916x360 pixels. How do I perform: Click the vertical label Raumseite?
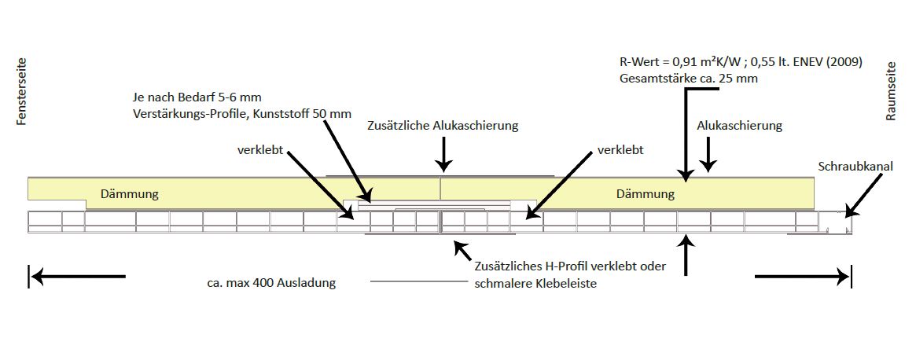click(x=891, y=91)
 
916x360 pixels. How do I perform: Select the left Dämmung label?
click(x=131, y=193)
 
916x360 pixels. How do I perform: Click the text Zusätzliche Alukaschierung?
click(x=443, y=126)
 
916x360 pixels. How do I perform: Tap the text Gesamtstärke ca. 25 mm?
click(x=689, y=79)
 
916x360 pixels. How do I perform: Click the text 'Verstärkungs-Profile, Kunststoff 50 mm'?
click(x=241, y=113)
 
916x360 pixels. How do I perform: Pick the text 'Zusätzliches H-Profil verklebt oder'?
click(x=571, y=266)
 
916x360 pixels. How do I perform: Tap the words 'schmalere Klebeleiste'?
click(x=535, y=284)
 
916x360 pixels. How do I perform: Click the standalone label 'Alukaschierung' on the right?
click(x=739, y=126)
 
